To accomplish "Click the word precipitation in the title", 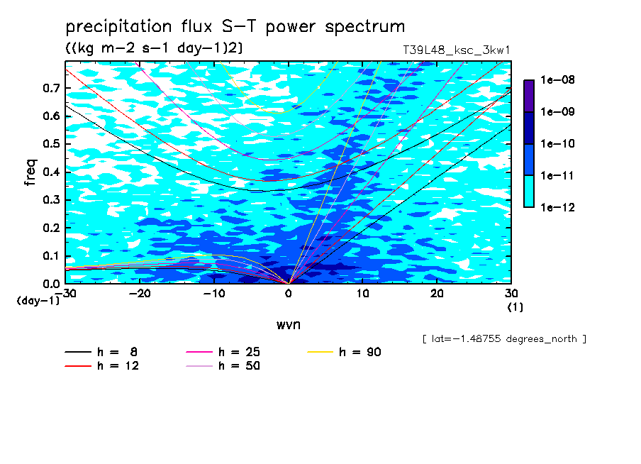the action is (118, 26).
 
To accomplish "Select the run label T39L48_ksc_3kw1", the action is (457, 50).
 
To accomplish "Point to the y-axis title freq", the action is (30, 172).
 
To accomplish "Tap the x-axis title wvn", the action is (289, 325).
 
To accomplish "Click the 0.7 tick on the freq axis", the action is (51, 88).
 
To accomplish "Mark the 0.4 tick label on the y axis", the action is (51, 172).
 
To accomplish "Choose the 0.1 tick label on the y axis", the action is (51, 255).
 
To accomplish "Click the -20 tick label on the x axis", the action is (140, 294).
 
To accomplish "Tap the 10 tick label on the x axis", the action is (362, 294).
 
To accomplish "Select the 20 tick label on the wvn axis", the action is (437, 294).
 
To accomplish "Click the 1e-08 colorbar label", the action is (557, 79).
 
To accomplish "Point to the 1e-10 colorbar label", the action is (557, 143).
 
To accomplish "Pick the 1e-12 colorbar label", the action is (557, 207).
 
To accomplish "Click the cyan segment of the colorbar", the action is (529, 192).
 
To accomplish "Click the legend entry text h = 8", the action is (117, 352).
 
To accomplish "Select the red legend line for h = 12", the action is (78, 365).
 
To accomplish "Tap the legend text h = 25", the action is (239, 352).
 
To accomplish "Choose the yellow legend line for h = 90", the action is (320, 352).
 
